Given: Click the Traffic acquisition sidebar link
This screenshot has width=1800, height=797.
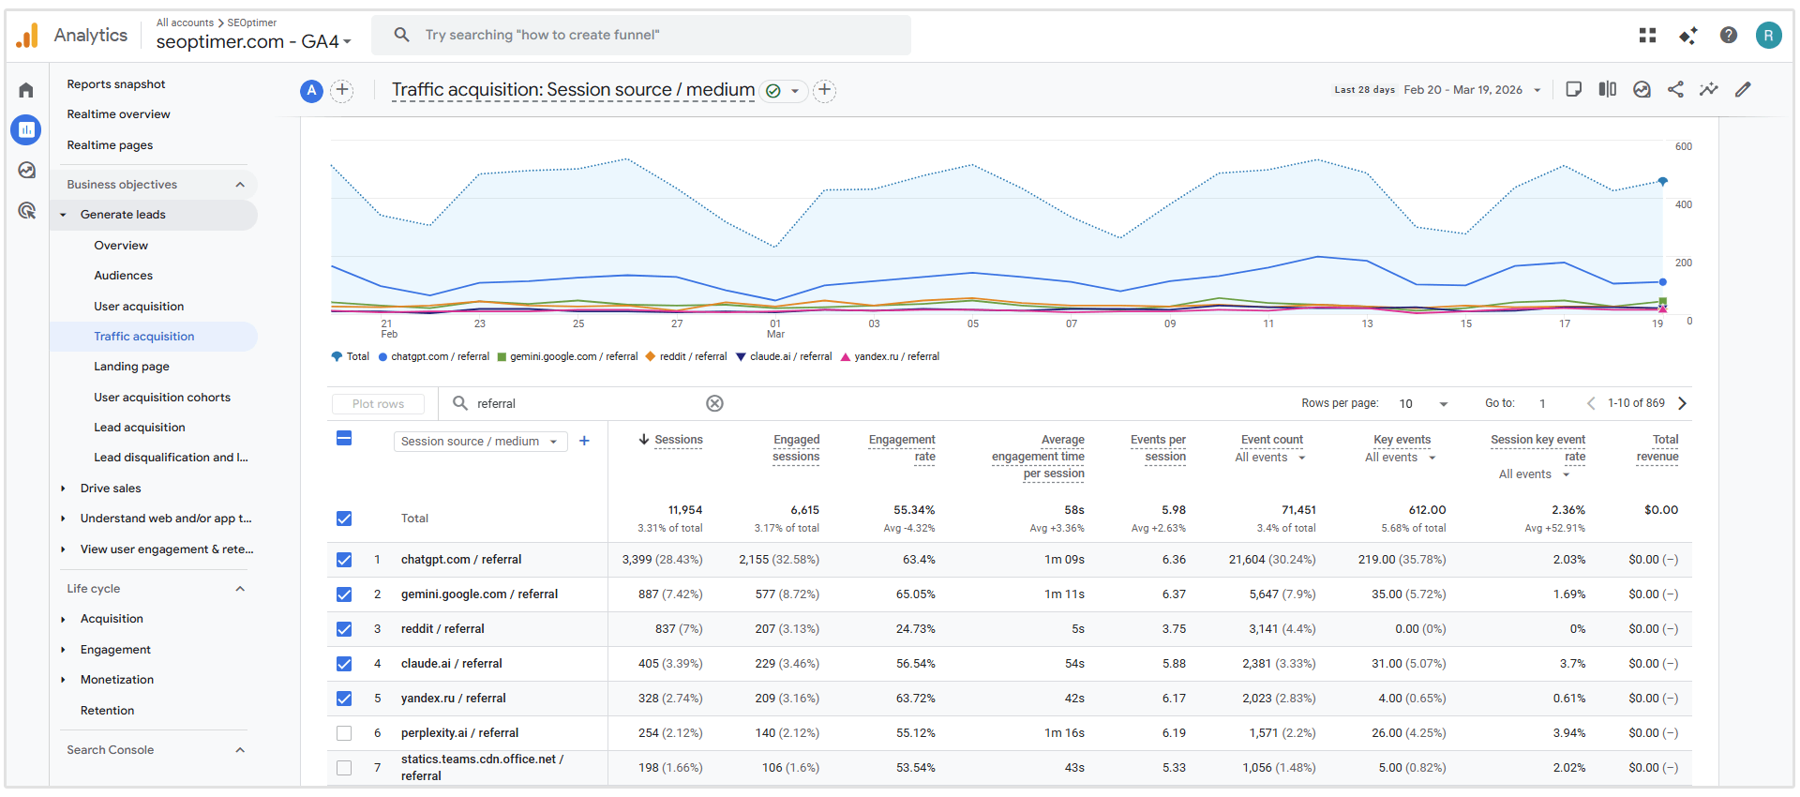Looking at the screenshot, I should pyautogui.click(x=143, y=337).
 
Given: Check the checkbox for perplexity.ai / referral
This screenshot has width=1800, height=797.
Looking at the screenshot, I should pyautogui.click(x=344, y=733).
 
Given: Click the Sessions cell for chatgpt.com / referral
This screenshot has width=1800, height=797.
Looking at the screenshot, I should pyautogui.click(x=662, y=560).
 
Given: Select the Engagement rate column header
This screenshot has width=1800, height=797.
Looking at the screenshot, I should pyautogui.click(x=902, y=448).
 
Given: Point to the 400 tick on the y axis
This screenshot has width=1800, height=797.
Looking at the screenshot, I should pyautogui.click(x=1684, y=204).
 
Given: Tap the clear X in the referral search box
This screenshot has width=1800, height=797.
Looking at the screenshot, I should pyautogui.click(x=714, y=403).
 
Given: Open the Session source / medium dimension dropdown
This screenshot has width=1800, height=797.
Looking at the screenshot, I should pyautogui.click(x=479, y=442).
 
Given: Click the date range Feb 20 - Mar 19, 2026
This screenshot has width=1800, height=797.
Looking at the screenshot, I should pyautogui.click(x=1462, y=90).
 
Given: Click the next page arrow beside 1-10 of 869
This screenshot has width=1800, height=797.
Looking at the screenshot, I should pyautogui.click(x=1682, y=403).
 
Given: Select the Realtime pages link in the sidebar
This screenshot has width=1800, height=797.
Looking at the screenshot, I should pyautogui.click(x=110, y=145).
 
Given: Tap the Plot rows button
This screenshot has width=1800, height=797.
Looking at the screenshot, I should pyautogui.click(x=378, y=404).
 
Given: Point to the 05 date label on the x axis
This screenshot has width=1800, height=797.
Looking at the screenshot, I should pyautogui.click(x=972, y=324).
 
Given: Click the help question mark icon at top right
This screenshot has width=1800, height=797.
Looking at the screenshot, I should pyautogui.click(x=1728, y=36).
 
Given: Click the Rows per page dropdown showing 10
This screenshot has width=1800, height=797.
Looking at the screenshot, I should pyautogui.click(x=1422, y=404).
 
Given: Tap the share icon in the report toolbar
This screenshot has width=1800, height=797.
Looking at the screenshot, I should pyautogui.click(x=1675, y=90).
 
